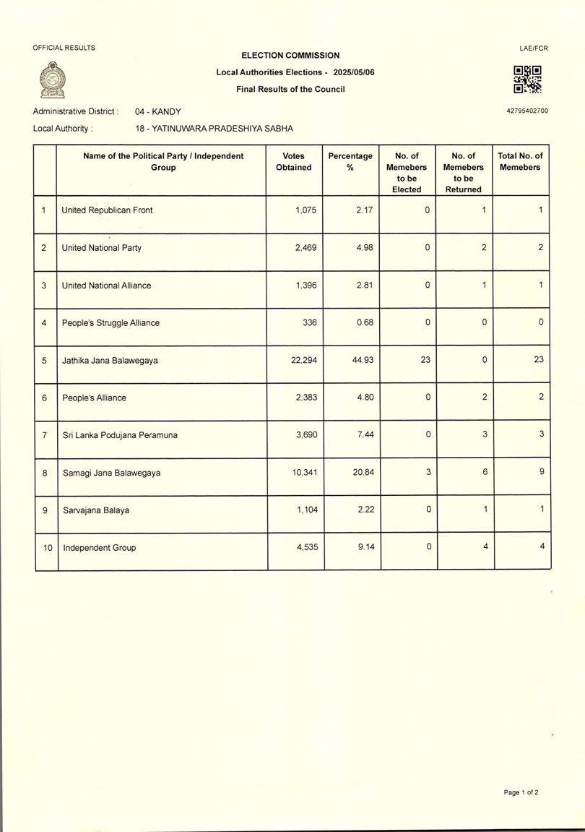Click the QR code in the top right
(527, 80)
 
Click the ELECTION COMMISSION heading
(290, 55)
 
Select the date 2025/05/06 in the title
(354, 72)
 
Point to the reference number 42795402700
(528, 111)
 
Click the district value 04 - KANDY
(158, 111)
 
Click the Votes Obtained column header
(294, 161)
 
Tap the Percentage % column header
(350, 161)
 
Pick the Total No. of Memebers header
(520, 161)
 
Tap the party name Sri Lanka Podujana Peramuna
(120, 435)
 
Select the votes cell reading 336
(308, 322)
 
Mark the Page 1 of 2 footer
(521, 792)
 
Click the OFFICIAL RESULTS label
(64, 48)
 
